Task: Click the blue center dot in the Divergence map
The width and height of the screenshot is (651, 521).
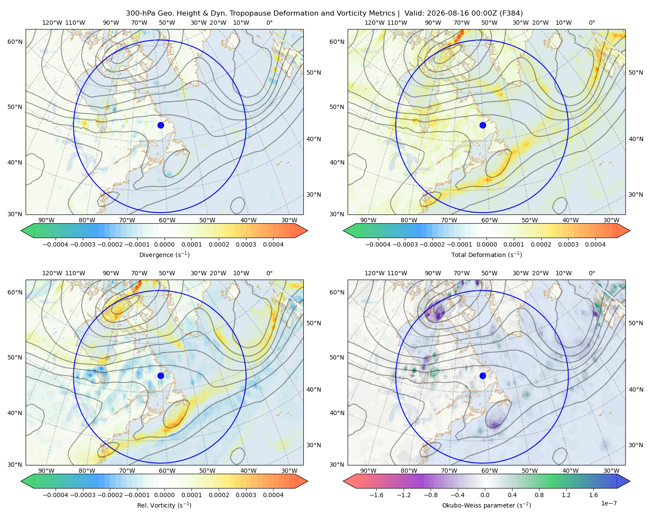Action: pyautogui.click(x=161, y=125)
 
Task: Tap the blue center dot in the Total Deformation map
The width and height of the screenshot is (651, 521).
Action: pyautogui.click(x=483, y=125)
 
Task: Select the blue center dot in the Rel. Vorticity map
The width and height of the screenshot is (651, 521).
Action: pyautogui.click(x=161, y=376)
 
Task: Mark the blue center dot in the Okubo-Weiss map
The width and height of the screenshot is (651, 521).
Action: pyautogui.click(x=483, y=376)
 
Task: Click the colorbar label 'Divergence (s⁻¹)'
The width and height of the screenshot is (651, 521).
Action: pyautogui.click(x=164, y=254)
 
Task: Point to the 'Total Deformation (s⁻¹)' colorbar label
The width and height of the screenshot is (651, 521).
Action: pyautogui.click(x=487, y=254)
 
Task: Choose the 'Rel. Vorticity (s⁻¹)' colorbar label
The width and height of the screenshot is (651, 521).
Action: pyautogui.click(x=164, y=505)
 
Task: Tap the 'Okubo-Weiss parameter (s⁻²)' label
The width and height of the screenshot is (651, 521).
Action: pyautogui.click(x=487, y=505)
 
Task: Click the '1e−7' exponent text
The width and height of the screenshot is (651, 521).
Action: pyautogui.click(x=608, y=503)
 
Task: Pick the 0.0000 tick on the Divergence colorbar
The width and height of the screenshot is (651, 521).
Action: pyautogui.click(x=164, y=244)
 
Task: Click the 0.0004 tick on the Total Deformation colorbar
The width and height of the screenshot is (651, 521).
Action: pyautogui.click(x=595, y=244)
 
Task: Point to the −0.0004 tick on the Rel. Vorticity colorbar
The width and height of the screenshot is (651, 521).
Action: pyautogui.click(x=56, y=495)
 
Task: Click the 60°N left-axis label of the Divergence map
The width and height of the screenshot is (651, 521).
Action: pyautogui.click(x=15, y=42)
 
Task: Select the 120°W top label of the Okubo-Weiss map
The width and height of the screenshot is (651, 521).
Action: pyautogui.click(x=374, y=273)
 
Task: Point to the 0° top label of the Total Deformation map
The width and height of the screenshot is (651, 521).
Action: pyautogui.click(x=592, y=23)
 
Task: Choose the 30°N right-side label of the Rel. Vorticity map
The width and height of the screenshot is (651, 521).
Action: pyautogui.click(x=314, y=445)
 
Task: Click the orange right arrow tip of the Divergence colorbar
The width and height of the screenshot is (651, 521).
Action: pyautogui.click(x=307, y=231)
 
